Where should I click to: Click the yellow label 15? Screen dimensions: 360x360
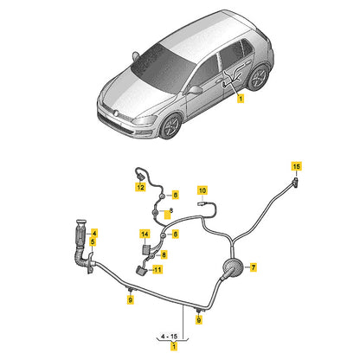[296, 166]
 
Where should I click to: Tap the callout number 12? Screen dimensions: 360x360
[140, 187]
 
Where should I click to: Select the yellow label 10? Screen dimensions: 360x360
[202, 190]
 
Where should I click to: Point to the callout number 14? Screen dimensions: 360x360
[145, 234]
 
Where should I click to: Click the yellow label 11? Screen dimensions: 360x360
[157, 270]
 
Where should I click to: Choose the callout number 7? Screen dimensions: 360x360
[253, 267]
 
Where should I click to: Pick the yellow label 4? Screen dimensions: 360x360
[94, 233]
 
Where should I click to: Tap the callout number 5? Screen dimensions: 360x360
[93, 241]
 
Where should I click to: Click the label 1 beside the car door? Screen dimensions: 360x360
[241, 99]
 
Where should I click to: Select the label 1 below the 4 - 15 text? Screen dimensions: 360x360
[174, 345]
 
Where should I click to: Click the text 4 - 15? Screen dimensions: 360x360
[170, 337]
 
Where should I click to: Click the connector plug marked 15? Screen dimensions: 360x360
[295, 183]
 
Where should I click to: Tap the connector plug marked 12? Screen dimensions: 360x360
[139, 176]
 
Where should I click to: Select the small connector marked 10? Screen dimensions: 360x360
[201, 203]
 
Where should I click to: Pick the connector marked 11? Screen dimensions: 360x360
[141, 270]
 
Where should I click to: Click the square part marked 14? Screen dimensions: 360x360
[146, 249]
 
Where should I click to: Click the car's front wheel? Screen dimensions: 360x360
[170, 126]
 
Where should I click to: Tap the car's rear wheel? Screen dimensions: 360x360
[258, 77]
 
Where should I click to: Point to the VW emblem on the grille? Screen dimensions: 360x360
[116, 112]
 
